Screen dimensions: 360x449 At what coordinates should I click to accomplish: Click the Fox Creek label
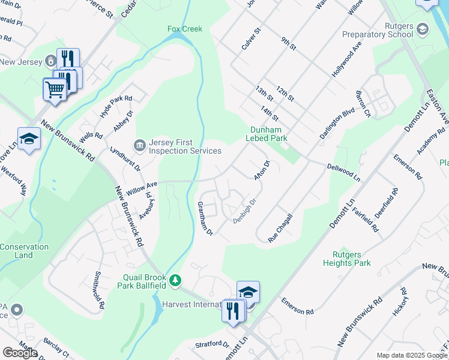[x=185, y=29]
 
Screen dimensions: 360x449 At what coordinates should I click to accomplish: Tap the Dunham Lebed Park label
[x=267, y=133]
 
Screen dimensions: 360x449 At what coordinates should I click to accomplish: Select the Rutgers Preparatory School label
[x=378, y=31]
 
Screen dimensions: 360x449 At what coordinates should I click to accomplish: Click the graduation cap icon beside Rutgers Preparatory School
[x=423, y=29]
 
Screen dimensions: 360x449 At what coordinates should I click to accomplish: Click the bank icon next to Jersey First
[x=140, y=144]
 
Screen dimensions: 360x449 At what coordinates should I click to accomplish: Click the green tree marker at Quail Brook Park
[x=175, y=280]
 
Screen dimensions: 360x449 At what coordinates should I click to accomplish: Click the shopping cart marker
[x=55, y=89]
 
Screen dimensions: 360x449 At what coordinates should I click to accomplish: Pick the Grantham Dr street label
[x=205, y=218]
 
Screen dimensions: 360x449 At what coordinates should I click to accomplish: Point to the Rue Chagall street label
[x=280, y=228]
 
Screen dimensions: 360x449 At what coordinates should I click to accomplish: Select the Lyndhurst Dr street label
[x=125, y=157]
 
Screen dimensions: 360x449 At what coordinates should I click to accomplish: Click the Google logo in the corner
[x=20, y=352]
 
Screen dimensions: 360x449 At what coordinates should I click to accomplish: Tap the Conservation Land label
[x=25, y=251]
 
